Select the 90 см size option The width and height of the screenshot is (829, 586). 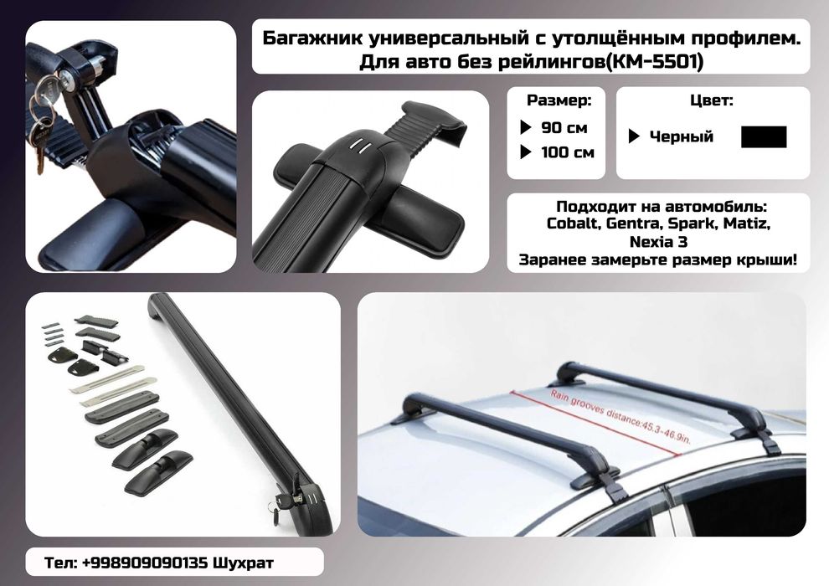coord(564,128)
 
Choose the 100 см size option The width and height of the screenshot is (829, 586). coord(567,152)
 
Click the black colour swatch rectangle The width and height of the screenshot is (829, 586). coord(764,136)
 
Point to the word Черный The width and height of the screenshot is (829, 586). coord(681,136)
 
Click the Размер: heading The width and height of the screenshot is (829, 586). coord(559,100)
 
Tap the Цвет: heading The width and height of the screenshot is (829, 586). coord(711,100)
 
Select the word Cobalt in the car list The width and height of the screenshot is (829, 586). coord(573,224)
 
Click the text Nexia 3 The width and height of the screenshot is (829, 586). coord(658,241)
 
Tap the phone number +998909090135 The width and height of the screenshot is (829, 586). coord(144,563)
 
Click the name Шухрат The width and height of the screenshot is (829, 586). coord(243,563)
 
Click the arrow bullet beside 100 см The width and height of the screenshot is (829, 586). coord(526,152)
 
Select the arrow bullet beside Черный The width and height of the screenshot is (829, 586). coord(634,136)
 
